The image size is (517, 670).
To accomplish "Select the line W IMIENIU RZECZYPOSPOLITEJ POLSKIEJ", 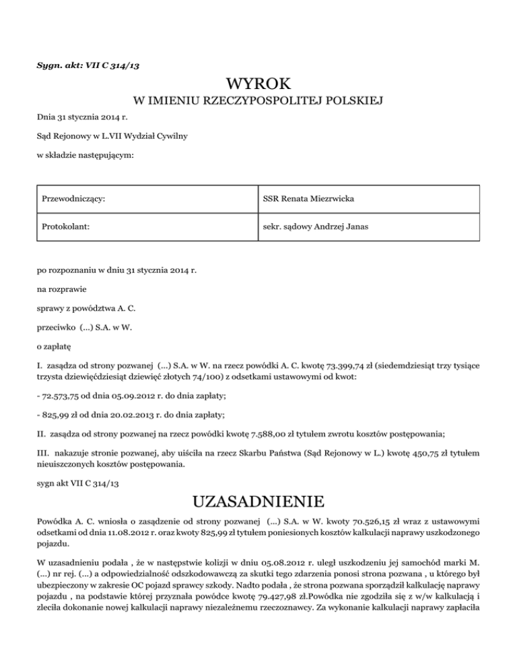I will pyautogui.click(x=258, y=102).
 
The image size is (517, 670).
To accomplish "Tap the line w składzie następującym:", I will pyautogui.click(x=84, y=156).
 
